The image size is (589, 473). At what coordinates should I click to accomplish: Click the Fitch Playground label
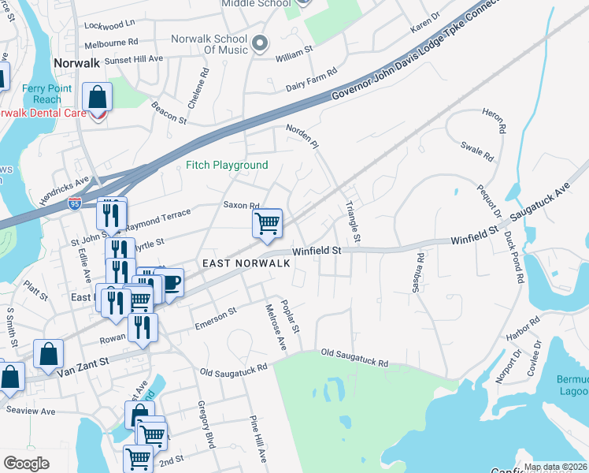[227, 166]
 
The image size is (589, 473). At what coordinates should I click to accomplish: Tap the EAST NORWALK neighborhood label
[246, 263]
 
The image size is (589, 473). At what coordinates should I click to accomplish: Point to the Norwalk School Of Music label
[209, 44]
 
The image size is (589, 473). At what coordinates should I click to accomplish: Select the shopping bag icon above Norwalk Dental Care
[98, 98]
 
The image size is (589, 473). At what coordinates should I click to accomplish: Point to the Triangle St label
[354, 222]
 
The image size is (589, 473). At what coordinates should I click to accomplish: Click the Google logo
[26, 464]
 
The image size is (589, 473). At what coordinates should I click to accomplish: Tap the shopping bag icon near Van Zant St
[47, 356]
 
